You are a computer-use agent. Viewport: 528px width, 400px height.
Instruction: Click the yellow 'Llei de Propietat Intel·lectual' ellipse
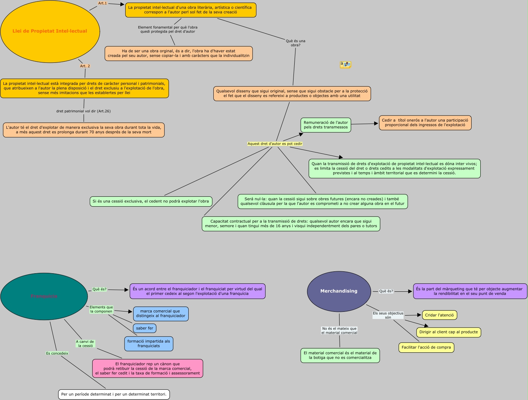pyautogui.click(x=50, y=31)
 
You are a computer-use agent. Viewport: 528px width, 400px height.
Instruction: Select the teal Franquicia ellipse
pyautogui.click(x=44, y=296)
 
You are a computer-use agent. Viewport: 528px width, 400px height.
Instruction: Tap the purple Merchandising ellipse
pyautogui.click(x=339, y=291)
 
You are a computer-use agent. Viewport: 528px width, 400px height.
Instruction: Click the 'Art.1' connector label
pyautogui.click(x=102, y=3)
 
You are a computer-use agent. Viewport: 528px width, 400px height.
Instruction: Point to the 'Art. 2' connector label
pyautogui.click(x=85, y=66)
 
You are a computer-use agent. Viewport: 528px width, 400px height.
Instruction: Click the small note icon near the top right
pyautogui.click(x=345, y=65)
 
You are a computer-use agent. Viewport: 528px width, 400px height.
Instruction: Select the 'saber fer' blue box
pyautogui.click(x=144, y=328)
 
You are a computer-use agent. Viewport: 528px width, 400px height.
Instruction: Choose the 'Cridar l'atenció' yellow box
pyautogui.click(x=439, y=315)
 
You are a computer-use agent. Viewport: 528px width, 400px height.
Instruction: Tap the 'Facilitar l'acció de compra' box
pyautogui.click(x=426, y=347)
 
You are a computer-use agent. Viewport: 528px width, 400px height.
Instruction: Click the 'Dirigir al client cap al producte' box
pyautogui.click(x=449, y=332)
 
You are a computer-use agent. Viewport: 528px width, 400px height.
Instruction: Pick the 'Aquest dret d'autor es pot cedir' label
pyautogui.click(x=275, y=144)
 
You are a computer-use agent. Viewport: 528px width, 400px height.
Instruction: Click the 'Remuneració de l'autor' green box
pyautogui.click(x=326, y=125)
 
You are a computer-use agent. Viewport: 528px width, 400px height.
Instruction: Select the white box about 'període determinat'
pyautogui.click(x=114, y=394)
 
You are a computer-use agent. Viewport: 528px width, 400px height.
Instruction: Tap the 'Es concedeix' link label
pyautogui.click(x=57, y=353)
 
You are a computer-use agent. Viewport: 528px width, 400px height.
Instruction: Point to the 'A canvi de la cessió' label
pyautogui.click(x=85, y=344)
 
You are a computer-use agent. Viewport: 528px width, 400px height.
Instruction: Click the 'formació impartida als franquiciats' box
pyautogui.click(x=149, y=344)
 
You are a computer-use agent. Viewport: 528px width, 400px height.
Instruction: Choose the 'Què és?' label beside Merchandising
pyautogui.click(x=386, y=291)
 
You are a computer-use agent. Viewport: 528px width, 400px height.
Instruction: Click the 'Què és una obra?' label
pyautogui.click(x=295, y=43)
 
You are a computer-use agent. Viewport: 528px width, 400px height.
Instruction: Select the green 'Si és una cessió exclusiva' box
pyautogui.click(x=151, y=201)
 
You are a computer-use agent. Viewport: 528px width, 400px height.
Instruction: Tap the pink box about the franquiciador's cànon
pyautogui.click(x=148, y=369)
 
